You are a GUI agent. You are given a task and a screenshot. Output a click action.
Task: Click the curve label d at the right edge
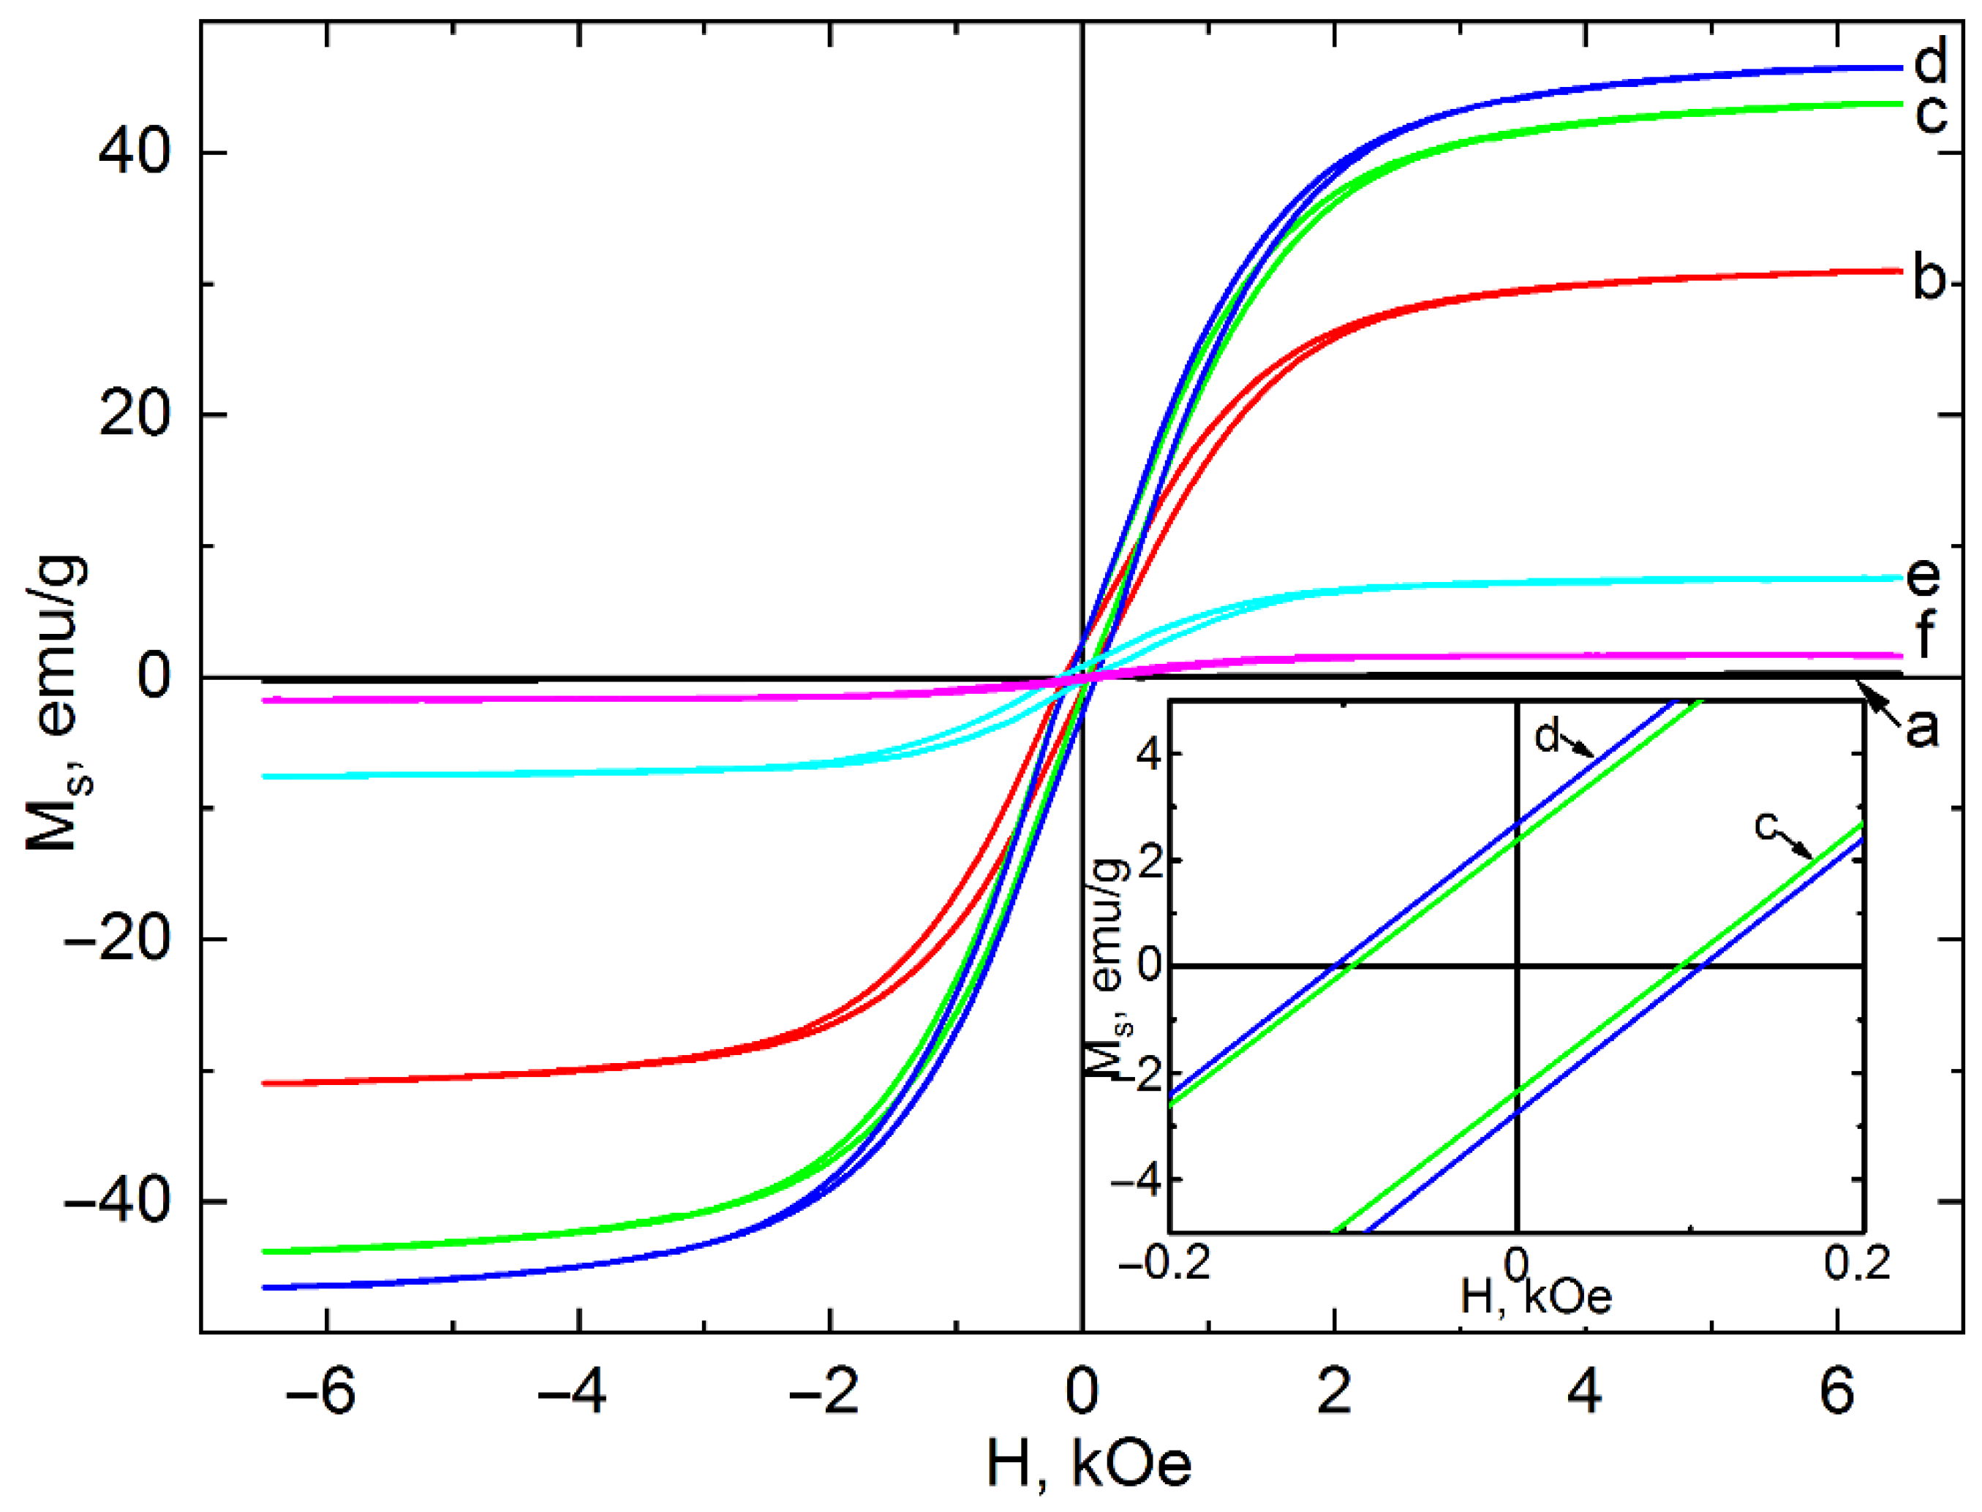(x=1929, y=61)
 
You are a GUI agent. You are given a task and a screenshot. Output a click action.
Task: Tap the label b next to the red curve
(x=1929, y=279)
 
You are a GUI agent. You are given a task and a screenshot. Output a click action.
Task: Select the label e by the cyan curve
(x=1923, y=576)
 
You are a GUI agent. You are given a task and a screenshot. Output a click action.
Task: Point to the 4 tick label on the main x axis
(x=1585, y=1391)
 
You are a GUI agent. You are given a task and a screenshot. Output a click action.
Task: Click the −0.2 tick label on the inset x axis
(x=1165, y=1264)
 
